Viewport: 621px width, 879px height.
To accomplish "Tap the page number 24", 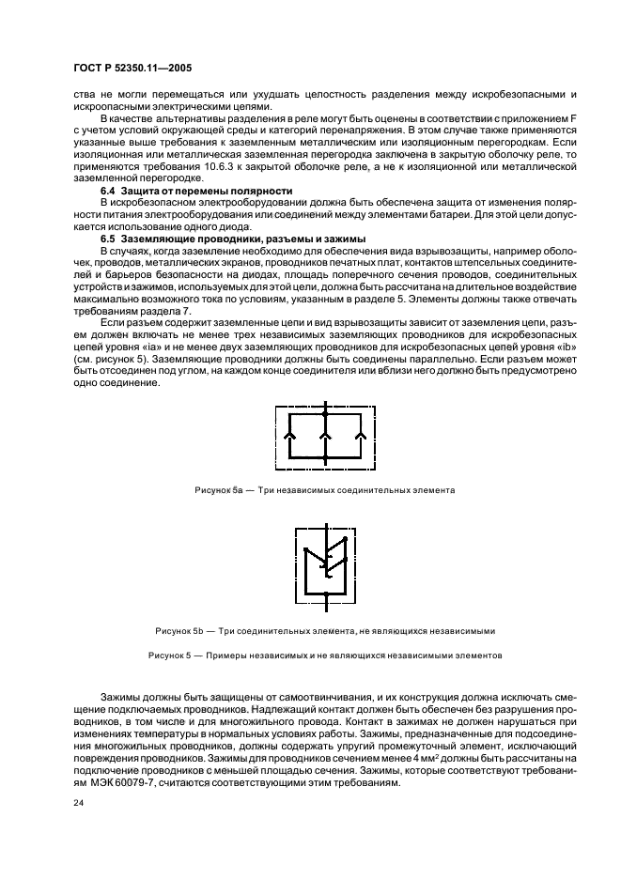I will [77, 804].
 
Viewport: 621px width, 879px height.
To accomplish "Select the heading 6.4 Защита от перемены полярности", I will [178, 190].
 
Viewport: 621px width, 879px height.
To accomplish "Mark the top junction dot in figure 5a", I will [324, 413].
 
